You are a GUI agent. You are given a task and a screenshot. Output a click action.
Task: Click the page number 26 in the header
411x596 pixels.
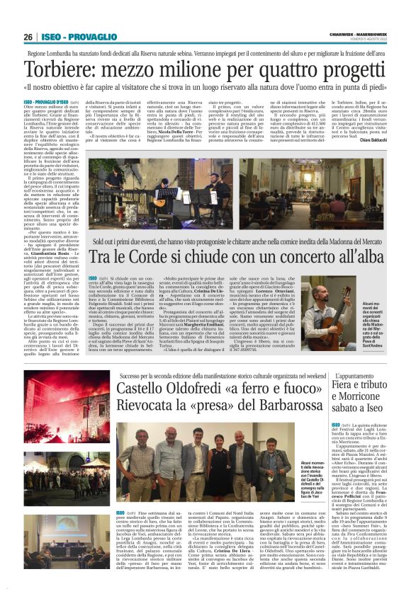(28, 37)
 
